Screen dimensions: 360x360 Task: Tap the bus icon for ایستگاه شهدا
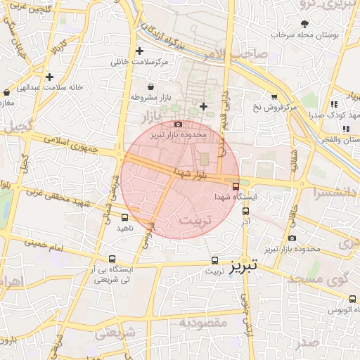(x=235, y=186)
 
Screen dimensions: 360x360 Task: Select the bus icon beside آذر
(x=245, y=210)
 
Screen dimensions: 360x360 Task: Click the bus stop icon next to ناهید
(x=125, y=217)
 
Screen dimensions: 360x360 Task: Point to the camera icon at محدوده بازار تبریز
(x=178, y=124)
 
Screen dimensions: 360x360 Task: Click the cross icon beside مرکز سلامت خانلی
(x=139, y=51)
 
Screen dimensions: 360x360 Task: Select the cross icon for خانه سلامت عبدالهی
(x=49, y=77)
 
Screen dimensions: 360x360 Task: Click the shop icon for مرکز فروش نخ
(x=274, y=97)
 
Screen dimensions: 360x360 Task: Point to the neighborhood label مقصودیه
(x=203, y=323)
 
